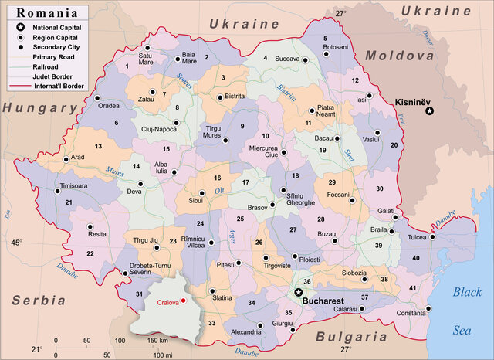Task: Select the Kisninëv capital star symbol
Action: [431, 111]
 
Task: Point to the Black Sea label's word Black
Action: [467, 292]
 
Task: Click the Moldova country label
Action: [398, 56]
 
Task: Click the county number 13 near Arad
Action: [98, 146]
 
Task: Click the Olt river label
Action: [219, 189]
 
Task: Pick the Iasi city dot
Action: [369, 96]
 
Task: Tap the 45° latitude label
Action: [16, 243]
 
